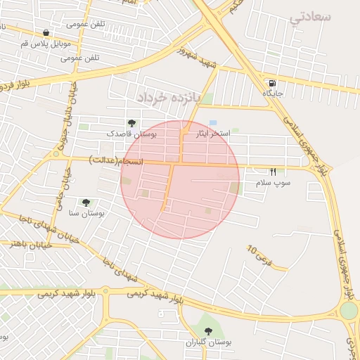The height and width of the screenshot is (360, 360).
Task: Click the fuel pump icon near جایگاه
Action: point(271,82)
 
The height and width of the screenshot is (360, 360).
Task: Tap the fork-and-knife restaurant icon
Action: point(273,172)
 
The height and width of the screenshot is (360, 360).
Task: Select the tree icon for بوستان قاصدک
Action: point(131,123)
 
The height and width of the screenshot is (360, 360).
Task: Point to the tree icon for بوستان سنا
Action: point(86,202)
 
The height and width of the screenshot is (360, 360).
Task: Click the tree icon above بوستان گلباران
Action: point(207,330)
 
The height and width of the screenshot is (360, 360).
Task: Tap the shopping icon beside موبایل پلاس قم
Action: point(46,32)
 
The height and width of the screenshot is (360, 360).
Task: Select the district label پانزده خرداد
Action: point(169,95)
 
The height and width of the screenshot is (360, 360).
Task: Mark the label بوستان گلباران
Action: point(209,342)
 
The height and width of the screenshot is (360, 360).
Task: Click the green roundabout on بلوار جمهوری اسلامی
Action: point(349,310)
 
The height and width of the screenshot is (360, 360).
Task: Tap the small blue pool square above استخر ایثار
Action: point(213,123)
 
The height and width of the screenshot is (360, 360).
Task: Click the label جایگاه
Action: point(272,93)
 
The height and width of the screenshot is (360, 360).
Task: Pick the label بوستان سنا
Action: point(87,213)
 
